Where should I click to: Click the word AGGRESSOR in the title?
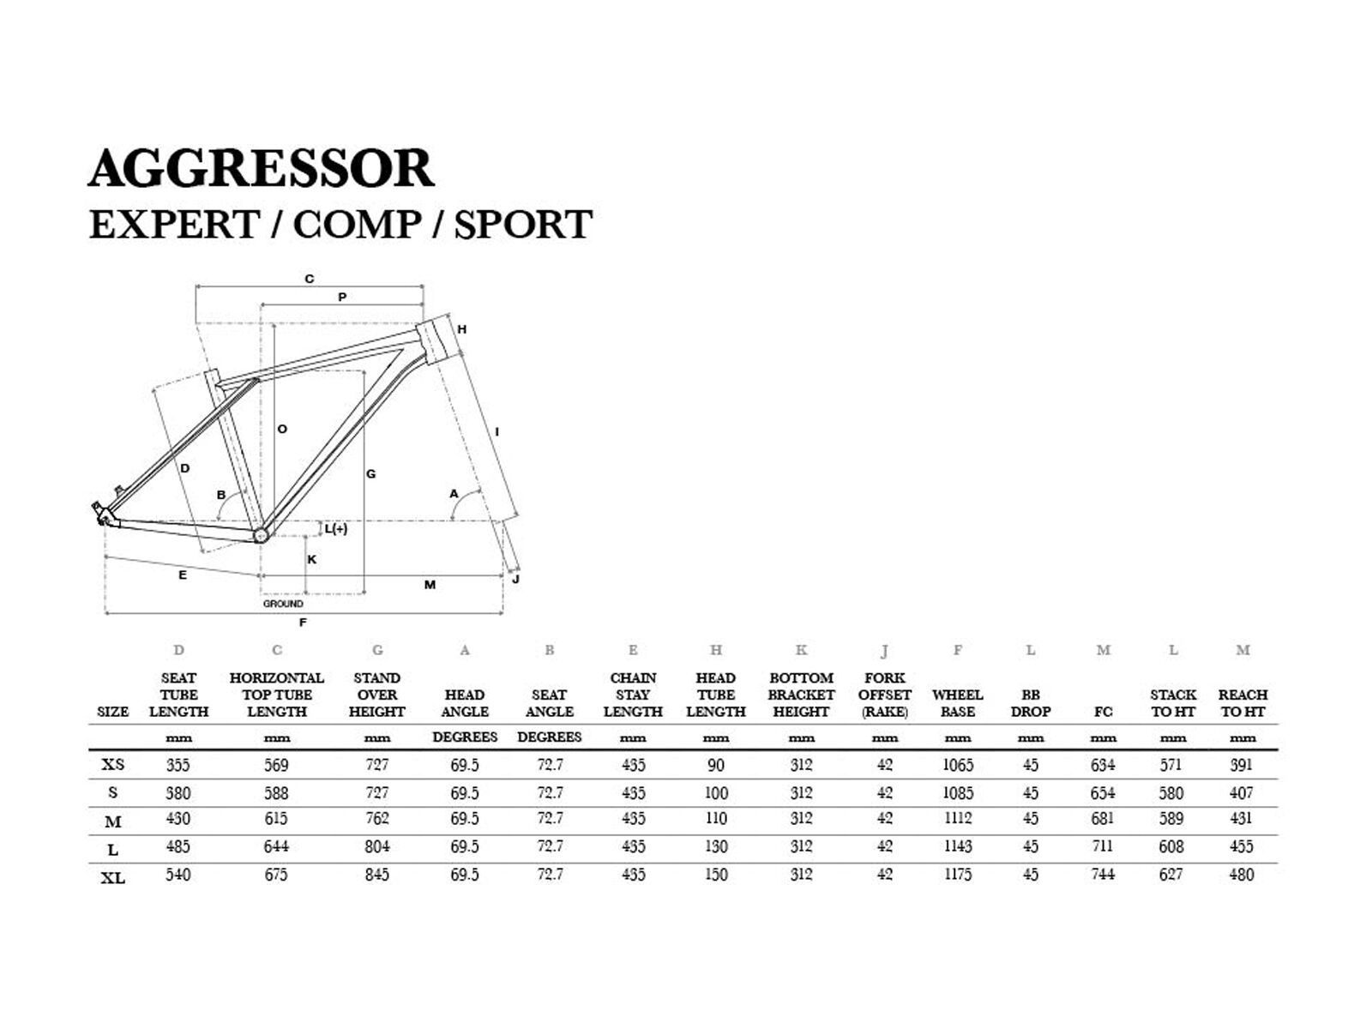click(262, 168)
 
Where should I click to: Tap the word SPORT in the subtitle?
click(523, 225)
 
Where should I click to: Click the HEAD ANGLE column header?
click(464, 703)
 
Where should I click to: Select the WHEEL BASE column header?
click(957, 703)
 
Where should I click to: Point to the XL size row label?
click(113, 878)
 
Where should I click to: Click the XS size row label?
click(113, 765)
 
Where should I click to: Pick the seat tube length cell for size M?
click(178, 819)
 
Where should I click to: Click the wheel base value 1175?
click(957, 875)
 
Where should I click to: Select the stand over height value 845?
click(376, 875)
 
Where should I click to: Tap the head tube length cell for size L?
click(716, 847)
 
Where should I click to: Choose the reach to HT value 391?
click(1241, 765)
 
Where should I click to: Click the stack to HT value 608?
click(1171, 847)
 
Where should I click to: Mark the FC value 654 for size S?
click(1103, 793)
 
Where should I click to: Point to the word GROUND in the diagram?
click(283, 604)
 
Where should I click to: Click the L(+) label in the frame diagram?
click(336, 529)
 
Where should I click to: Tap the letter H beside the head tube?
click(461, 329)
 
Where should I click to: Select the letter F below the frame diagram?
click(303, 623)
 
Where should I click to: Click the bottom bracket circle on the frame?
click(261, 535)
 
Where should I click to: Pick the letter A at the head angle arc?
click(454, 494)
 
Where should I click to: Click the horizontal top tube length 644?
click(276, 847)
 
